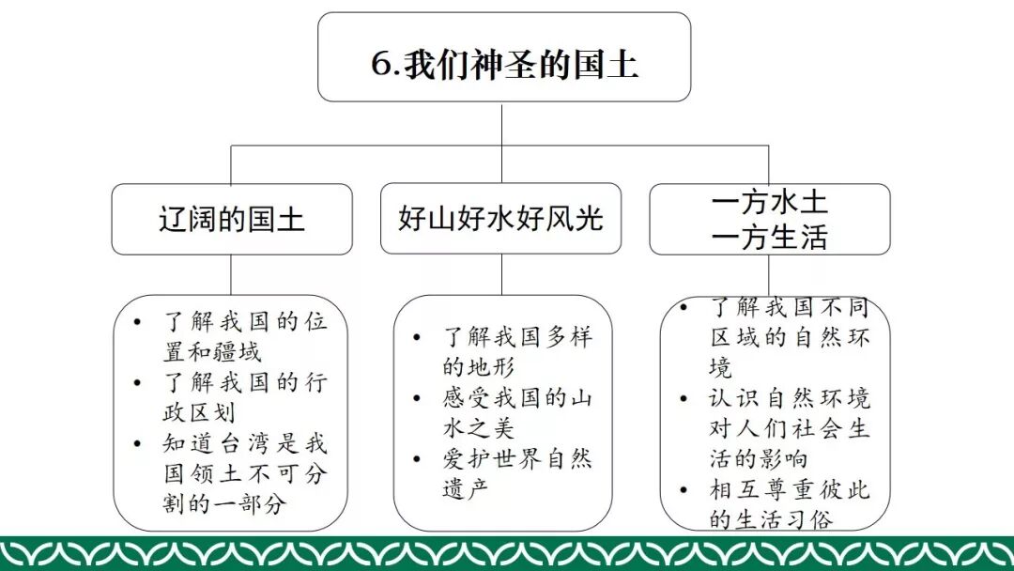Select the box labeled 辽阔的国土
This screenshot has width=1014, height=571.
pos(232,219)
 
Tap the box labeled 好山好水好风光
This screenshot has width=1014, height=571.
pos(500,219)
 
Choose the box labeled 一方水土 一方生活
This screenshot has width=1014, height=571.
pos(769,220)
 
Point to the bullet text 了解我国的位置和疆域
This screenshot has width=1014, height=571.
pos(244,337)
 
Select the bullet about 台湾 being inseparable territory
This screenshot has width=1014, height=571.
pos(244,473)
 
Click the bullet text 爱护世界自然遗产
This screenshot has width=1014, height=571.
pos(516,474)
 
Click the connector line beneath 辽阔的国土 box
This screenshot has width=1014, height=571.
pos(232,274)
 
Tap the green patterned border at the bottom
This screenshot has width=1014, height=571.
pos(507,552)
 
